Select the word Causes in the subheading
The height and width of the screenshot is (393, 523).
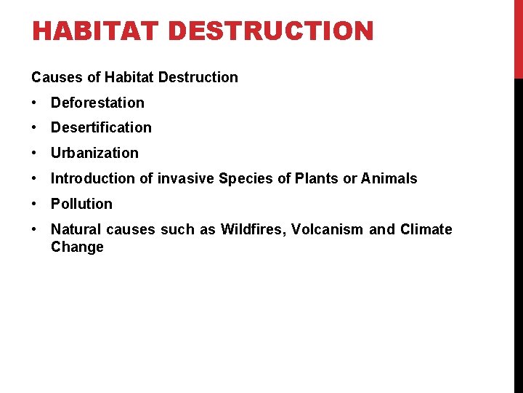click(55, 77)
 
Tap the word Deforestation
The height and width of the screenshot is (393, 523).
click(97, 103)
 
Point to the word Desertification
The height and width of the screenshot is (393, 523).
click(101, 127)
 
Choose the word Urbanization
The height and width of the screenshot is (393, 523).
click(94, 153)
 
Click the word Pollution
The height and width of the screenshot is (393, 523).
click(81, 204)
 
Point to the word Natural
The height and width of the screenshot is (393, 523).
click(76, 229)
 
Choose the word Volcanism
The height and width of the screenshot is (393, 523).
click(327, 229)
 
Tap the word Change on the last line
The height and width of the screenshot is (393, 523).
click(77, 247)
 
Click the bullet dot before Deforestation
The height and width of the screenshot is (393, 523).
click(36, 103)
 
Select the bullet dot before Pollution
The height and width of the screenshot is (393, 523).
click(36, 204)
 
